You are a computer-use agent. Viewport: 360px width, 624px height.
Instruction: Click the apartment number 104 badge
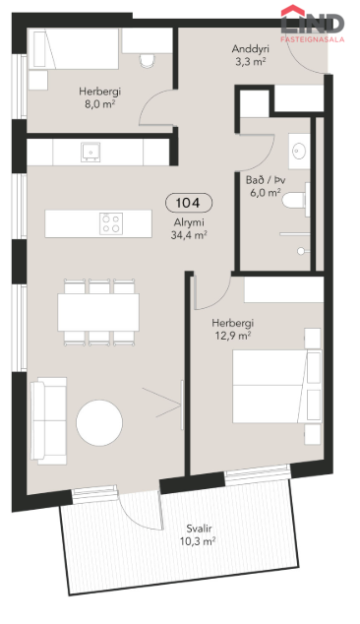(189, 203)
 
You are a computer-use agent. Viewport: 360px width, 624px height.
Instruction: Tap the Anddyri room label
(250, 49)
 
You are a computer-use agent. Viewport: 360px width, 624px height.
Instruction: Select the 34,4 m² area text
(189, 235)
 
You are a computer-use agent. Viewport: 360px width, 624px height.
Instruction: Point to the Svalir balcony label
(199, 529)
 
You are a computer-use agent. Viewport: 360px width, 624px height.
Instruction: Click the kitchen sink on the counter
(90, 152)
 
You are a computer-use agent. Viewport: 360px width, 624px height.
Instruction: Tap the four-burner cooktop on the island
(111, 223)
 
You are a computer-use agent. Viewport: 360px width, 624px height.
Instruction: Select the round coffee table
(99, 422)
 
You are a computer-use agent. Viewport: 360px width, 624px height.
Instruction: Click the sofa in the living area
(48, 420)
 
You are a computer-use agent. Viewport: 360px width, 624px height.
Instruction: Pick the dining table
(98, 312)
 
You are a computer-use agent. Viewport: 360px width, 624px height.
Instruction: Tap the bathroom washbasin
(299, 152)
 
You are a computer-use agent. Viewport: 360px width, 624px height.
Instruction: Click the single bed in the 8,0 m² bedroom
(76, 48)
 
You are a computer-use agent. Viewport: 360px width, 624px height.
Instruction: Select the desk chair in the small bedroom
(148, 60)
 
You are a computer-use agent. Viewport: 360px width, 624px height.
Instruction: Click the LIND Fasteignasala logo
(312, 24)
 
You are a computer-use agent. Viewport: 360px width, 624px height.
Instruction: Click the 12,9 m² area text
(233, 336)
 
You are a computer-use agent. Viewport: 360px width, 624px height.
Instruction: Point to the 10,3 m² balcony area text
(199, 541)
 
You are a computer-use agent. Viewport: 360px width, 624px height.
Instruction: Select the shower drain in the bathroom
(301, 251)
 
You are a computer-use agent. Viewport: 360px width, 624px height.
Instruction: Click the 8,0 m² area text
(99, 104)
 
